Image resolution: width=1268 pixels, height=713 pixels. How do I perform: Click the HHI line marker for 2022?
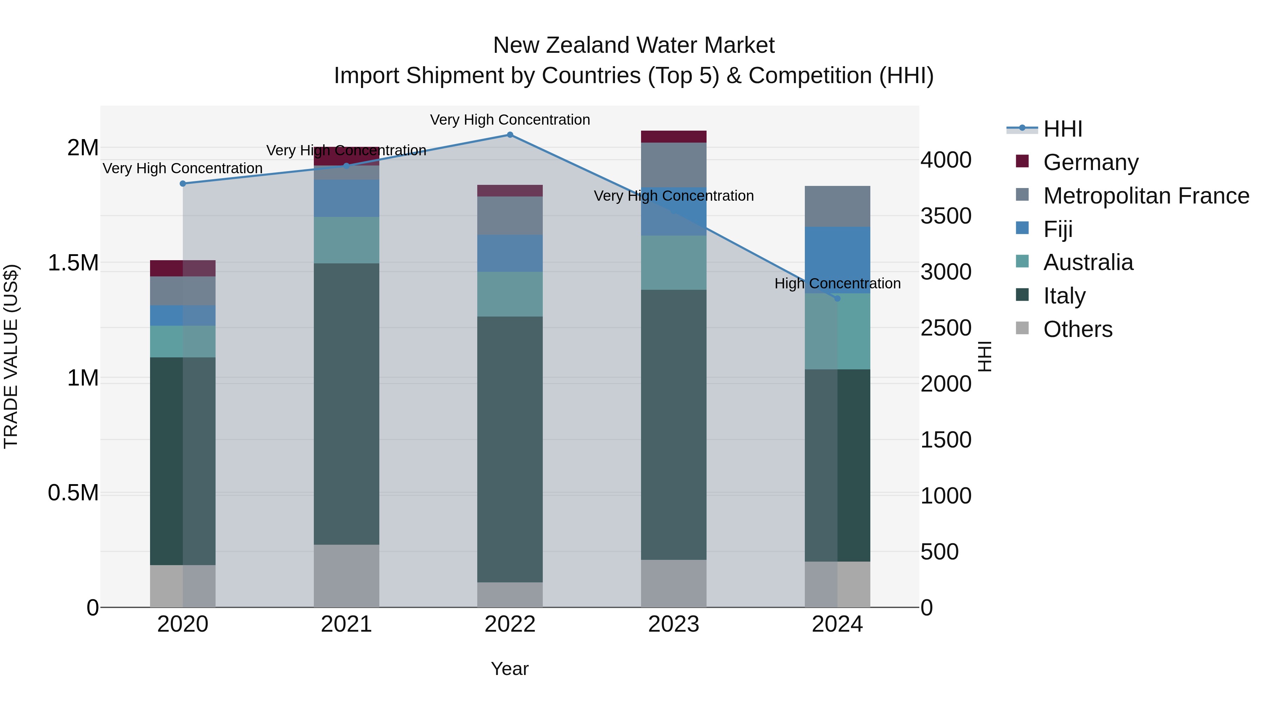[x=510, y=135]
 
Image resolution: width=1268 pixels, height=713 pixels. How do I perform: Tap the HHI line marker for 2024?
[x=837, y=299]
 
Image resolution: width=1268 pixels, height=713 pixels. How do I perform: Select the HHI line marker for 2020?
[x=182, y=183]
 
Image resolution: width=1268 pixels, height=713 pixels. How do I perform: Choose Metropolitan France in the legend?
[x=1145, y=196]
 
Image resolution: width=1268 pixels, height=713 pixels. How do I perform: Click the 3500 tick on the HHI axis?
[x=946, y=216]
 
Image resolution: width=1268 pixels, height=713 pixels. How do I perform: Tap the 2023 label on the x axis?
[x=673, y=624]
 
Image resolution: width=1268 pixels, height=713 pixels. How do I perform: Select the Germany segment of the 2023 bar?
[x=673, y=137]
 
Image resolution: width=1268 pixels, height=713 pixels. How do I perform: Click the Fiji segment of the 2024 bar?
[x=837, y=260]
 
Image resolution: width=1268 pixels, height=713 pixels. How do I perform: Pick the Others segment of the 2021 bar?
[x=347, y=576]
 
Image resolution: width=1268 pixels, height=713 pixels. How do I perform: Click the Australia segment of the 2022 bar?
[x=510, y=294]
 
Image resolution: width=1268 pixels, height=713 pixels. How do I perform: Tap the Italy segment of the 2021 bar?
[x=347, y=404]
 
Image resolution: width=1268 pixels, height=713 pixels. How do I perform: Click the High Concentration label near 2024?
[x=837, y=283]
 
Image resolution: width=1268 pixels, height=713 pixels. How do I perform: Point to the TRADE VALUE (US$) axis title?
[x=11, y=356]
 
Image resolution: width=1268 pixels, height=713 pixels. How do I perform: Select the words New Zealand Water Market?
[x=634, y=45]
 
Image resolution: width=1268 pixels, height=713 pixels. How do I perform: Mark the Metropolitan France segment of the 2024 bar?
[x=837, y=206]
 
